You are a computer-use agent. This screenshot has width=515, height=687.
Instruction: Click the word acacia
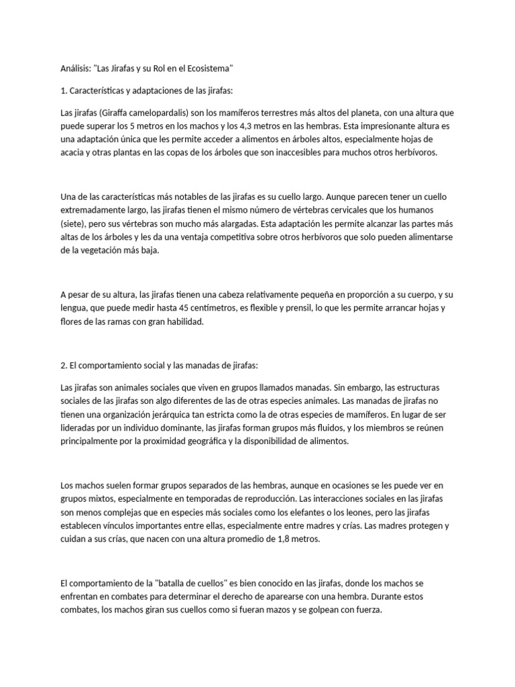pos(74,153)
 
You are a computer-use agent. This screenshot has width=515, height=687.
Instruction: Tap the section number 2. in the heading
pos(64,366)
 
